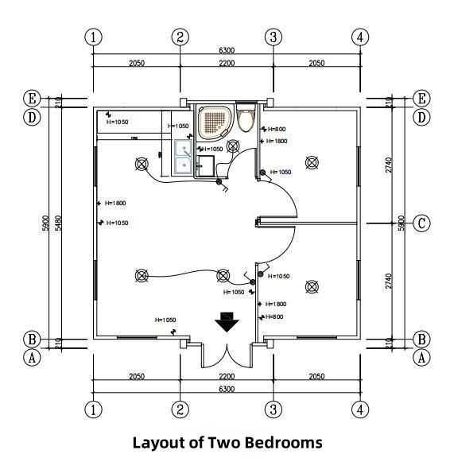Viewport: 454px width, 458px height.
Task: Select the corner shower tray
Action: (x=216, y=122)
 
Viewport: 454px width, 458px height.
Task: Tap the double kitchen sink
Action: (x=184, y=157)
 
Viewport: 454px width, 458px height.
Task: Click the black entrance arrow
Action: (x=227, y=322)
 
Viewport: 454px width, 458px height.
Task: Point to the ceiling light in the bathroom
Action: (x=233, y=146)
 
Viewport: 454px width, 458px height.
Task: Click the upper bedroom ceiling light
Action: (x=312, y=163)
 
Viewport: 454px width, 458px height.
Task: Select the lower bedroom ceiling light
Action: (x=312, y=287)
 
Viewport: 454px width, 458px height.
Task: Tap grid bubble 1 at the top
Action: (x=93, y=37)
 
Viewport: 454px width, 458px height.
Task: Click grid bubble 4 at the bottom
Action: (x=360, y=409)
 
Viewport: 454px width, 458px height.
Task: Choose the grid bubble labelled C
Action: (x=421, y=223)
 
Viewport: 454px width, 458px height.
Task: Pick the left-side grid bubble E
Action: (x=32, y=98)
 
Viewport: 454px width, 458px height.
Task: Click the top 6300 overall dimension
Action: (x=227, y=50)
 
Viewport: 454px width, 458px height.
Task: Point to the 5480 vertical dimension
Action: (x=58, y=223)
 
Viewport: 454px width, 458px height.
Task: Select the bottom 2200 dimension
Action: (x=227, y=376)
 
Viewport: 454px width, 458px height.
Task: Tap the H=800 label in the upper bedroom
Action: (x=277, y=129)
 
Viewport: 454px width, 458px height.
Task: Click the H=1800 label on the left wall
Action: (x=115, y=203)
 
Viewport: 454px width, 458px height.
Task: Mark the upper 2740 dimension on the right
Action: (x=389, y=165)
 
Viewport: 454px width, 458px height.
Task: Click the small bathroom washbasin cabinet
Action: (x=205, y=166)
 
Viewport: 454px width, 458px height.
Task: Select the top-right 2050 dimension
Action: (x=316, y=63)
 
